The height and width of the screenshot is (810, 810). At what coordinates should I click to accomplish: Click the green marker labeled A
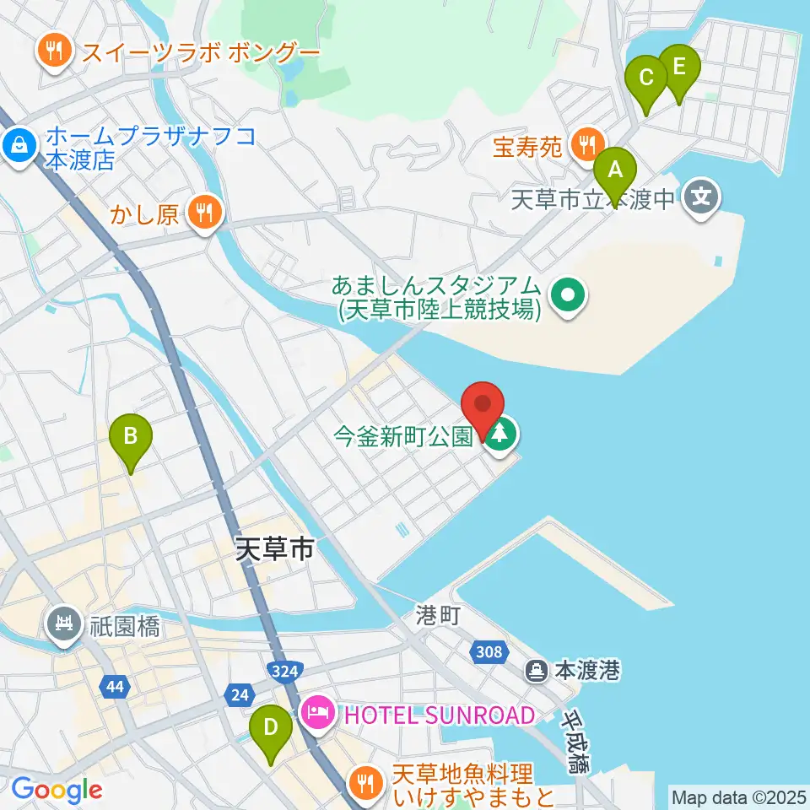click(x=615, y=173)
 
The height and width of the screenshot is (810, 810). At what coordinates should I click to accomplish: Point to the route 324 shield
click(x=283, y=672)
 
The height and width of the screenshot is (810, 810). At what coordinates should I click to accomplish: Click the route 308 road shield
click(x=489, y=651)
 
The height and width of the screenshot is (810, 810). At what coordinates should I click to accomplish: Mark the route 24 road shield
click(x=239, y=694)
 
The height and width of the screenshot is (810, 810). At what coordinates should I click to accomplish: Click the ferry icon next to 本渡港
click(x=536, y=671)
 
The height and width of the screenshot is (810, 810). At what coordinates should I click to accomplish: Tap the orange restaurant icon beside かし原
click(x=203, y=213)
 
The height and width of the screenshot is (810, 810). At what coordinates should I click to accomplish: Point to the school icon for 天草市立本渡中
click(x=702, y=199)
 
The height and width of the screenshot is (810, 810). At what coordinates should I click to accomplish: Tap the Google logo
click(x=57, y=791)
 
